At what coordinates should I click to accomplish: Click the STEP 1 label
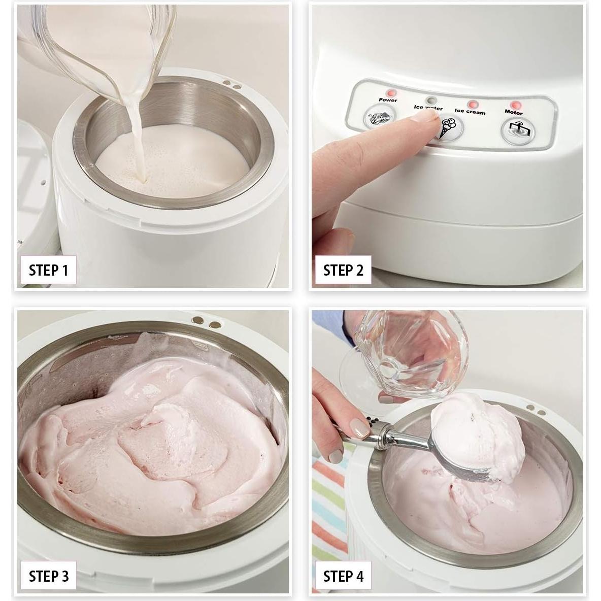pos(48,270)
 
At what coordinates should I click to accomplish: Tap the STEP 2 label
pos(343,270)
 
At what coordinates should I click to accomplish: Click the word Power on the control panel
pos(388,100)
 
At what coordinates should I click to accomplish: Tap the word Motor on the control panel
pos(514,112)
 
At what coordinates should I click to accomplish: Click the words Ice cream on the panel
pos(470,111)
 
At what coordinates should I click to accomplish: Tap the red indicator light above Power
pos(391,93)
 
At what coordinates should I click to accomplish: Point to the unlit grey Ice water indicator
pos(431,99)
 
